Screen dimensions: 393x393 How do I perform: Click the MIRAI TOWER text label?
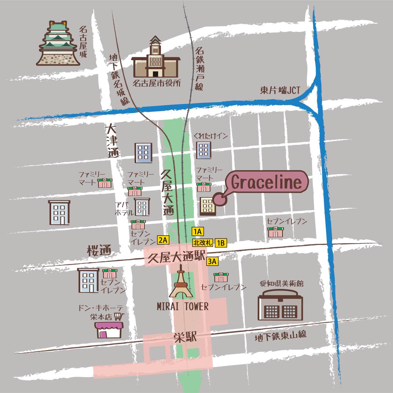coord(183,306)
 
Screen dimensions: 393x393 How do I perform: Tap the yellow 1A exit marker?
coord(198,232)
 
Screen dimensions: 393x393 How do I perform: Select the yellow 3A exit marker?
coord(212,261)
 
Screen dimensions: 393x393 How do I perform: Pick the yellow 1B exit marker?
coord(221,243)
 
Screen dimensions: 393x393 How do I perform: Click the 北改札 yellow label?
coord(203,243)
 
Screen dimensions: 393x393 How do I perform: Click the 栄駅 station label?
coord(185,337)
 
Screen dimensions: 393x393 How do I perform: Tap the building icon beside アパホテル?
coord(142,207)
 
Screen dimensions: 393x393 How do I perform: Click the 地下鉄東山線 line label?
coord(280,336)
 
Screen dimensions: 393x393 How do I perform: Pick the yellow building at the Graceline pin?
coord(208,206)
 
